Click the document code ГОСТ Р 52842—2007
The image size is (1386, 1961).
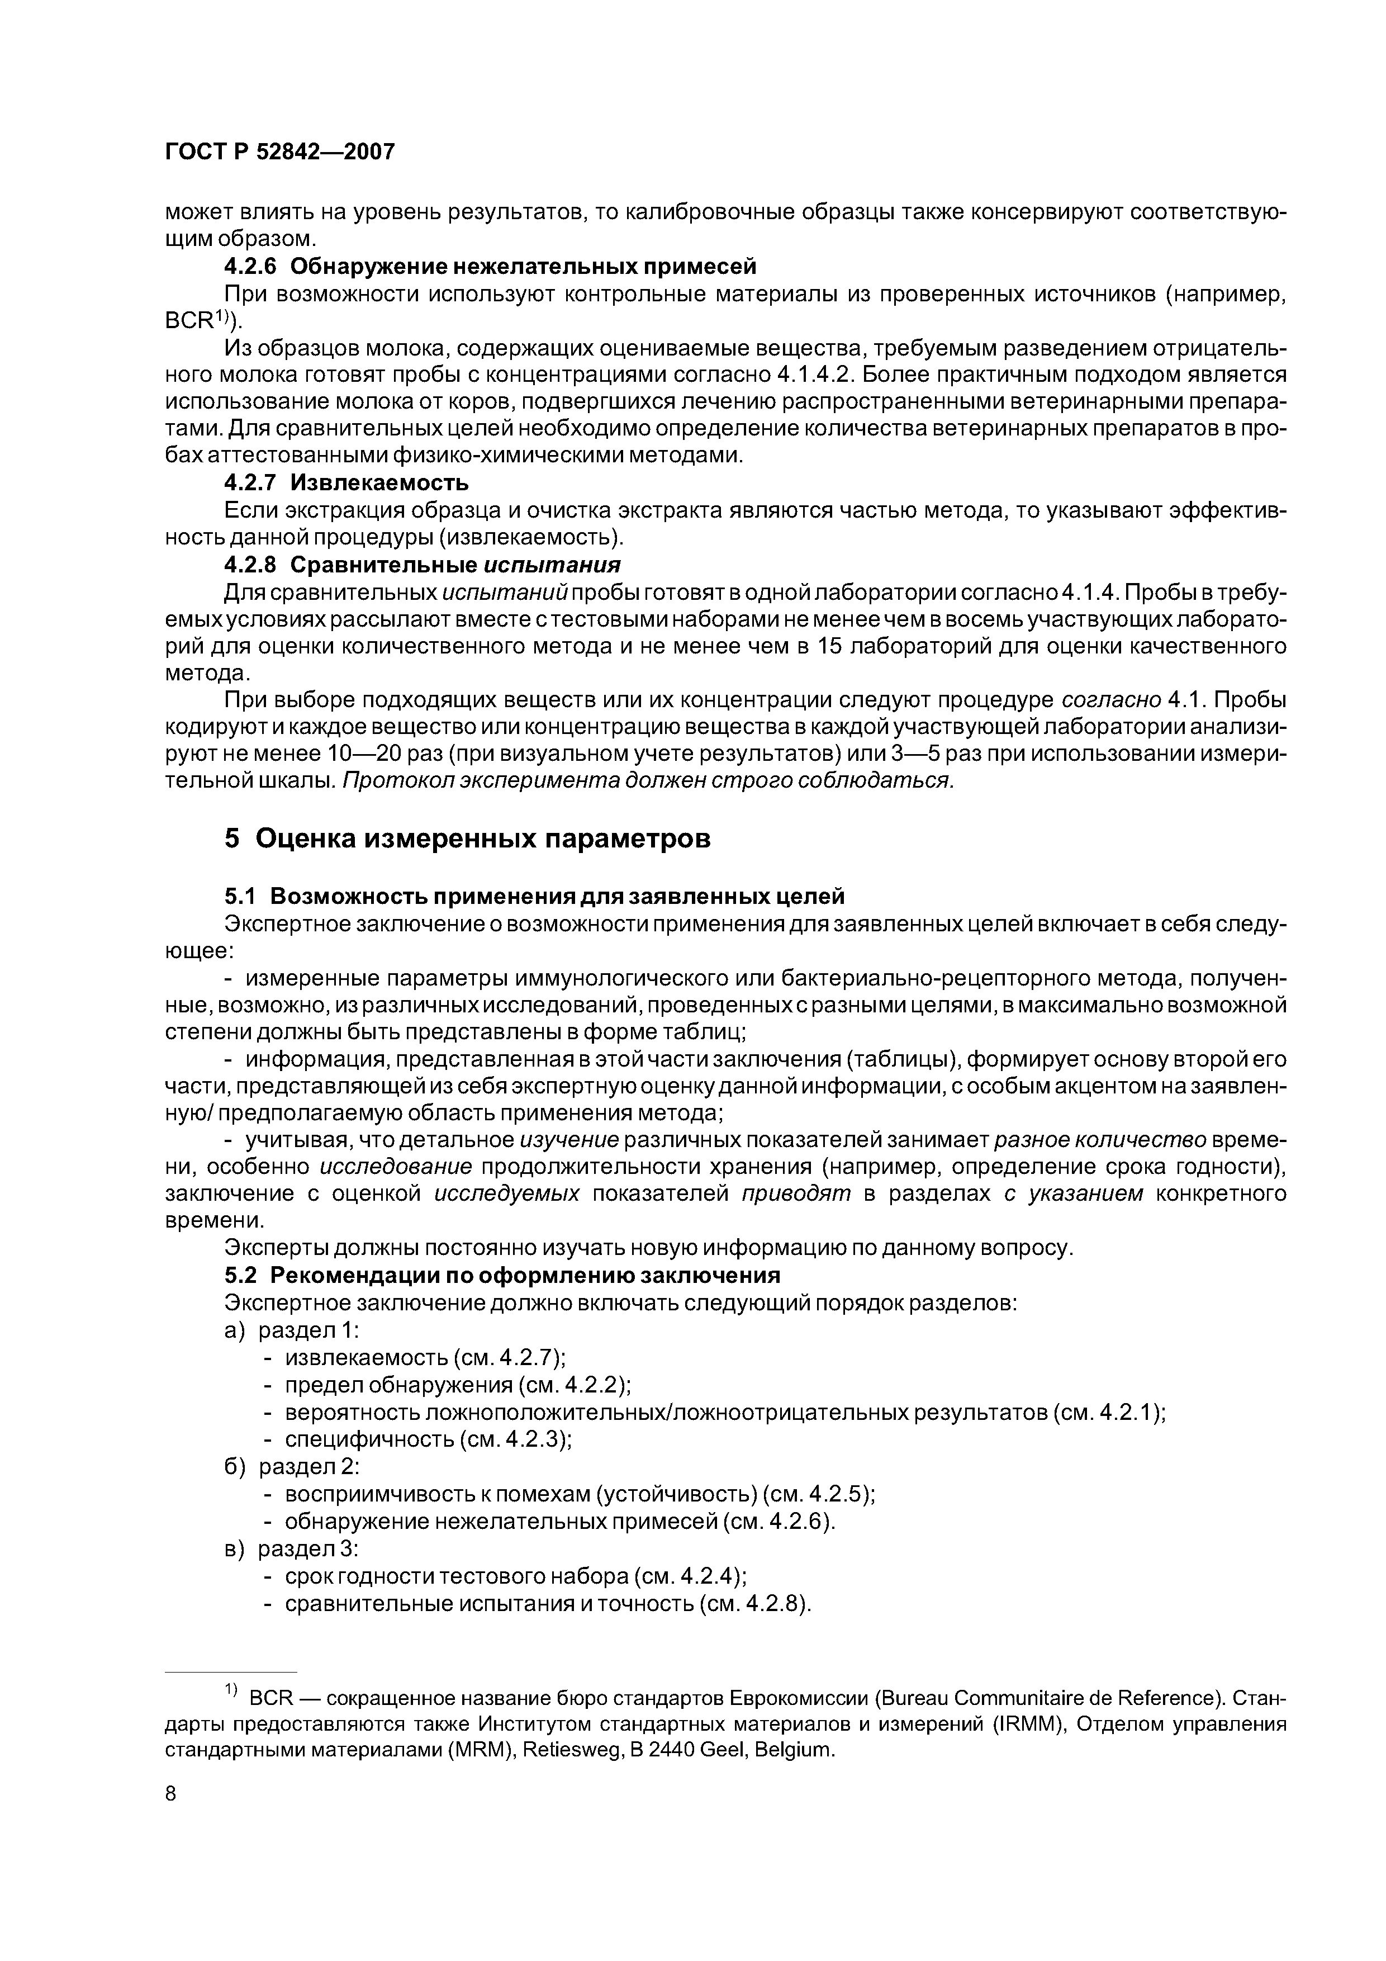pyautogui.click(x=279, y=152)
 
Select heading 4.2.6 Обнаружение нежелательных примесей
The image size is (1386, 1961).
pyautogui.click(x=490, y=267)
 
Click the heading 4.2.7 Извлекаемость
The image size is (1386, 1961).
pyautogui.click(x=346, y=484)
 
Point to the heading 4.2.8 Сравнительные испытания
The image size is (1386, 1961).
pyautogui.click(x=422, y=565)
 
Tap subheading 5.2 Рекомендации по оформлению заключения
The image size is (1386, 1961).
pyautogui.click(x=502, y=1275)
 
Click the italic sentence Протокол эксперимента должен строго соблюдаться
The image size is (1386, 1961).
pyautogui.click(x=647, y=781)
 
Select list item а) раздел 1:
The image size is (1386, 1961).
pyautogui.click(x=292, y=1330)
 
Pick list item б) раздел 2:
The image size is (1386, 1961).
pyautogui.click(x=292, y=1466)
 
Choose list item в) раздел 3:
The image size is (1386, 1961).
pyautogui.click(x=292, y=1548)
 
